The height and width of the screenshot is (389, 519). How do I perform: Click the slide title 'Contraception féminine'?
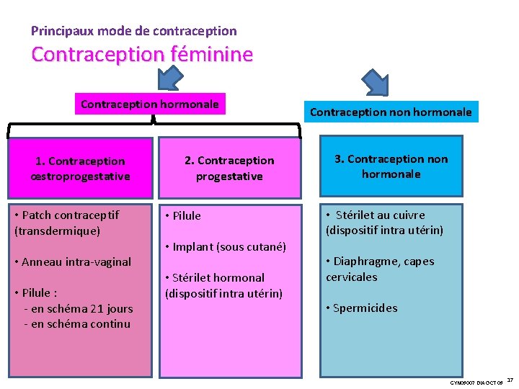pyautogui.click(x=142, y=55)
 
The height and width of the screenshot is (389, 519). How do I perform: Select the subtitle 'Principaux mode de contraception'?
pyautogui.click(x=133, y=31)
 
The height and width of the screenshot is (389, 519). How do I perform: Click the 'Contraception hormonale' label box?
pyautogui.click(x=149, y=104)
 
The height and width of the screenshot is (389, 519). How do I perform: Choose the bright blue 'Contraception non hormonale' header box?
pyautogui.click(x=390, y=112)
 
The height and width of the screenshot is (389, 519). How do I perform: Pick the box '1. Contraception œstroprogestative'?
pyautogui.click(x=80, y=169)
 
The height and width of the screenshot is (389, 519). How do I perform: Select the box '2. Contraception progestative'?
pyautogui.click(x=229, y=168)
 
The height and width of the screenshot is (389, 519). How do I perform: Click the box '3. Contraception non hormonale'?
pyautogui.click(x=390, y=166)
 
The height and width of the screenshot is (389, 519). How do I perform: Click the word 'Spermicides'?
pyautogui.click(x=365, y=308)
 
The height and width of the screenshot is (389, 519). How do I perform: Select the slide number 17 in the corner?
pyautogui.click(x=510, y=380)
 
